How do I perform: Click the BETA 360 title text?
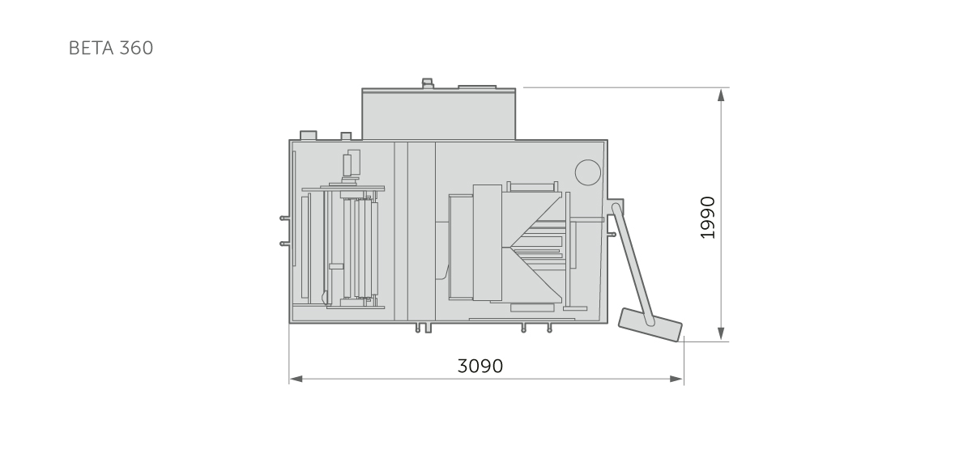click(111, 48)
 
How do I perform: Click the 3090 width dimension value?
click(480, 366)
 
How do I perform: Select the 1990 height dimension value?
click(708, 218)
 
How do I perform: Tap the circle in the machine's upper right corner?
click(588, 172)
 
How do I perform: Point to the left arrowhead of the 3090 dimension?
click(296, 380)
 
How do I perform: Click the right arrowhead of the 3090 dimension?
click(677, 380)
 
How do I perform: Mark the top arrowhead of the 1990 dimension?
click(721, 95)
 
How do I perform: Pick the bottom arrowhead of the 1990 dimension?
click(721, 333)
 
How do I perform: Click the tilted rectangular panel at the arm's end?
click(650, 325)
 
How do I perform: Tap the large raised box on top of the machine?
click(439, 114)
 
